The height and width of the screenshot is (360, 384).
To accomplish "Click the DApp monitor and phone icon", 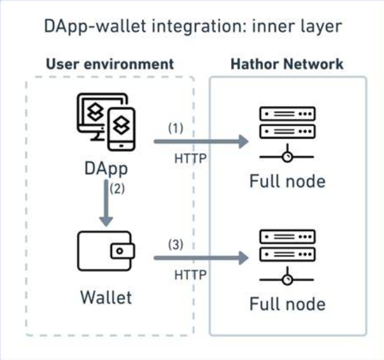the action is (106, 122).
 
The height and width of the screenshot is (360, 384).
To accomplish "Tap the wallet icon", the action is (106, 251).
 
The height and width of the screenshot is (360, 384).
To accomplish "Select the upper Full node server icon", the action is (287, 134).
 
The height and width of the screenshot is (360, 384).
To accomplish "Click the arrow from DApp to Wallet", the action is (106, 203).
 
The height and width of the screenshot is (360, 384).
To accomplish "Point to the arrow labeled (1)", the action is (201, 142).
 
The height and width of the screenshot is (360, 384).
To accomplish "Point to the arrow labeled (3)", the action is (201, 258).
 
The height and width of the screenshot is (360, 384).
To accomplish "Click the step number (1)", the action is (175, 128).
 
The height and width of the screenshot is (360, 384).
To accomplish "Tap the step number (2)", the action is (117, 189).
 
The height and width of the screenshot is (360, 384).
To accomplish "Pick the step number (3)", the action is (175, 245).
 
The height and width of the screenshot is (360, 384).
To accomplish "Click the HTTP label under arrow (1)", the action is (190, 159).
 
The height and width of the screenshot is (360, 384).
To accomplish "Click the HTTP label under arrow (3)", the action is (190, 275).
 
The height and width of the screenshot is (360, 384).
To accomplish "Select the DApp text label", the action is (106, 169).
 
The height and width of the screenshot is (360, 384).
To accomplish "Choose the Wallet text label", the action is (106, 297).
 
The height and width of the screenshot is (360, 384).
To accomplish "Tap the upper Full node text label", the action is (288, 181).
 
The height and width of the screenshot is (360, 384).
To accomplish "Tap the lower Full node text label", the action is (288, 304).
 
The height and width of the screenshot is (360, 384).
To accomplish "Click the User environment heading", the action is (110, 64).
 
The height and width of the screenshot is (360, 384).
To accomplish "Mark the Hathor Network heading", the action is (287, 64).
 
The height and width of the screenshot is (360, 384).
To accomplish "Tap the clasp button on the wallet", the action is (120, 251).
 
